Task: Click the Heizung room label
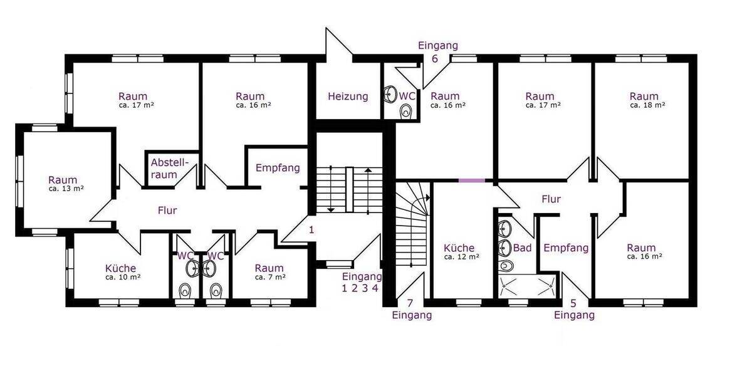click(348, 97)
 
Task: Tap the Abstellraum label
click(170, 169)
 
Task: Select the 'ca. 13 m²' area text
click(66, 189)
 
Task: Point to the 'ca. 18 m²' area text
click(647, 105)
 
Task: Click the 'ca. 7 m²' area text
click(270, 277)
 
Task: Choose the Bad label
click(523, 248)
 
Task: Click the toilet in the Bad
click(506, 265)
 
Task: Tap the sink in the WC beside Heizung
click(390, 93)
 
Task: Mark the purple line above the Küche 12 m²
click(472, 180)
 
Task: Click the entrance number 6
click(435, 59)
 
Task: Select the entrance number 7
click(410, 303)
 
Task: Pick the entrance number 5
click(573, 303)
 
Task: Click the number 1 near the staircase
click(311, 229)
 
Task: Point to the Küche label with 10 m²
click(120, 268)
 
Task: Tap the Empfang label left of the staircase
click(278, 168)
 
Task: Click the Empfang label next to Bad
click(566, 248)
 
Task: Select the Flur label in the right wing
click(551, 199)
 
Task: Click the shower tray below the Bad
click(527, 286)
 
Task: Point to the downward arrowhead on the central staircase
click(331, 210)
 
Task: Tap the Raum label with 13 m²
click(63, 180)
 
